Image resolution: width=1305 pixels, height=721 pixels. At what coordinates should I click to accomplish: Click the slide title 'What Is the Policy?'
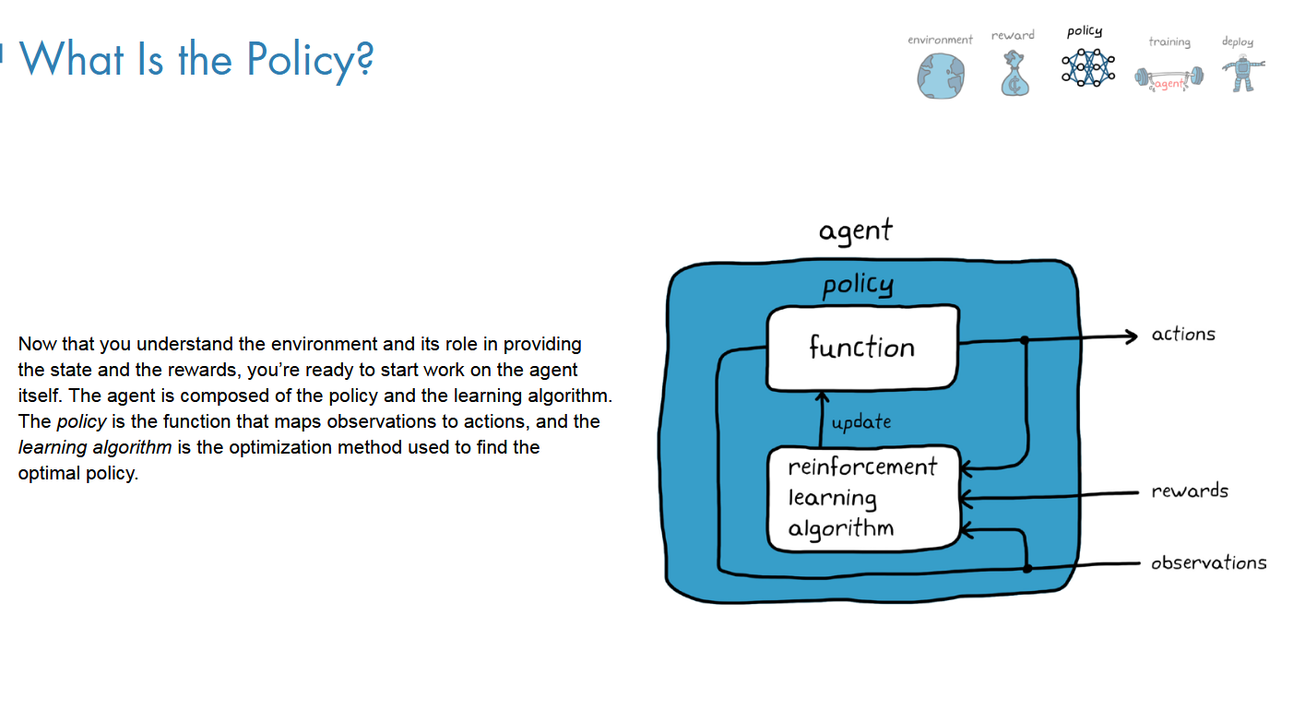(x=196, y=59)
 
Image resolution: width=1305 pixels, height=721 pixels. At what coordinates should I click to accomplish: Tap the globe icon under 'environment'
(x=940, y=76)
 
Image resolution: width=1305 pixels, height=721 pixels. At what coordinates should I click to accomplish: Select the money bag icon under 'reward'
(x=1014, y=75)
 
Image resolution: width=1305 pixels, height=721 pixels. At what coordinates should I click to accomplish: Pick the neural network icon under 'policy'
(x=1086, y=66)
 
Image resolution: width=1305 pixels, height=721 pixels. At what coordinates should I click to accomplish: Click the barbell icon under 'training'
(x=1169, y=78)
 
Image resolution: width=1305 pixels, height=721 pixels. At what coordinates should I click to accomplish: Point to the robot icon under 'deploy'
(x=1243, y=72)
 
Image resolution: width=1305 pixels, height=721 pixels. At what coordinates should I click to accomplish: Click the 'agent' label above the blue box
(x=856, y=230)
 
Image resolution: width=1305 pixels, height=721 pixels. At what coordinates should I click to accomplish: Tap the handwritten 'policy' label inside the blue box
(x=858, y=285)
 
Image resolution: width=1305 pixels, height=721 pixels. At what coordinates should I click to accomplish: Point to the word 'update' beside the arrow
(x=861, y=422)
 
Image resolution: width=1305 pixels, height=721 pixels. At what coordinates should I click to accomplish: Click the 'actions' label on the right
(x=1183, y=334)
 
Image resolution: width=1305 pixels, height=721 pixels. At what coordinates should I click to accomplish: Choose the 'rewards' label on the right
(x=1190, y=491)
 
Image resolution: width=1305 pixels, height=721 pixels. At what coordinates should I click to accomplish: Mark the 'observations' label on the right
(x=1208, y=562)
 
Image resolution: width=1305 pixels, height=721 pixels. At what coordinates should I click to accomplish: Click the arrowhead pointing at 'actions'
(x=1132, y=337)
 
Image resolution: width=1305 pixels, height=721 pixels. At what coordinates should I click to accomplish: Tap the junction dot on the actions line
(x=1025, y=340)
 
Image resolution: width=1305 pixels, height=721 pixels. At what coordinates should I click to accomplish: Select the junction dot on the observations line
(x=1026, y=568)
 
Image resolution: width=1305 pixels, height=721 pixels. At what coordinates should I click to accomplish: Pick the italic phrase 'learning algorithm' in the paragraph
(x=95, y=447)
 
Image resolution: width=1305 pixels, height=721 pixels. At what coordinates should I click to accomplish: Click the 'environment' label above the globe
(x=940, y=40)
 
